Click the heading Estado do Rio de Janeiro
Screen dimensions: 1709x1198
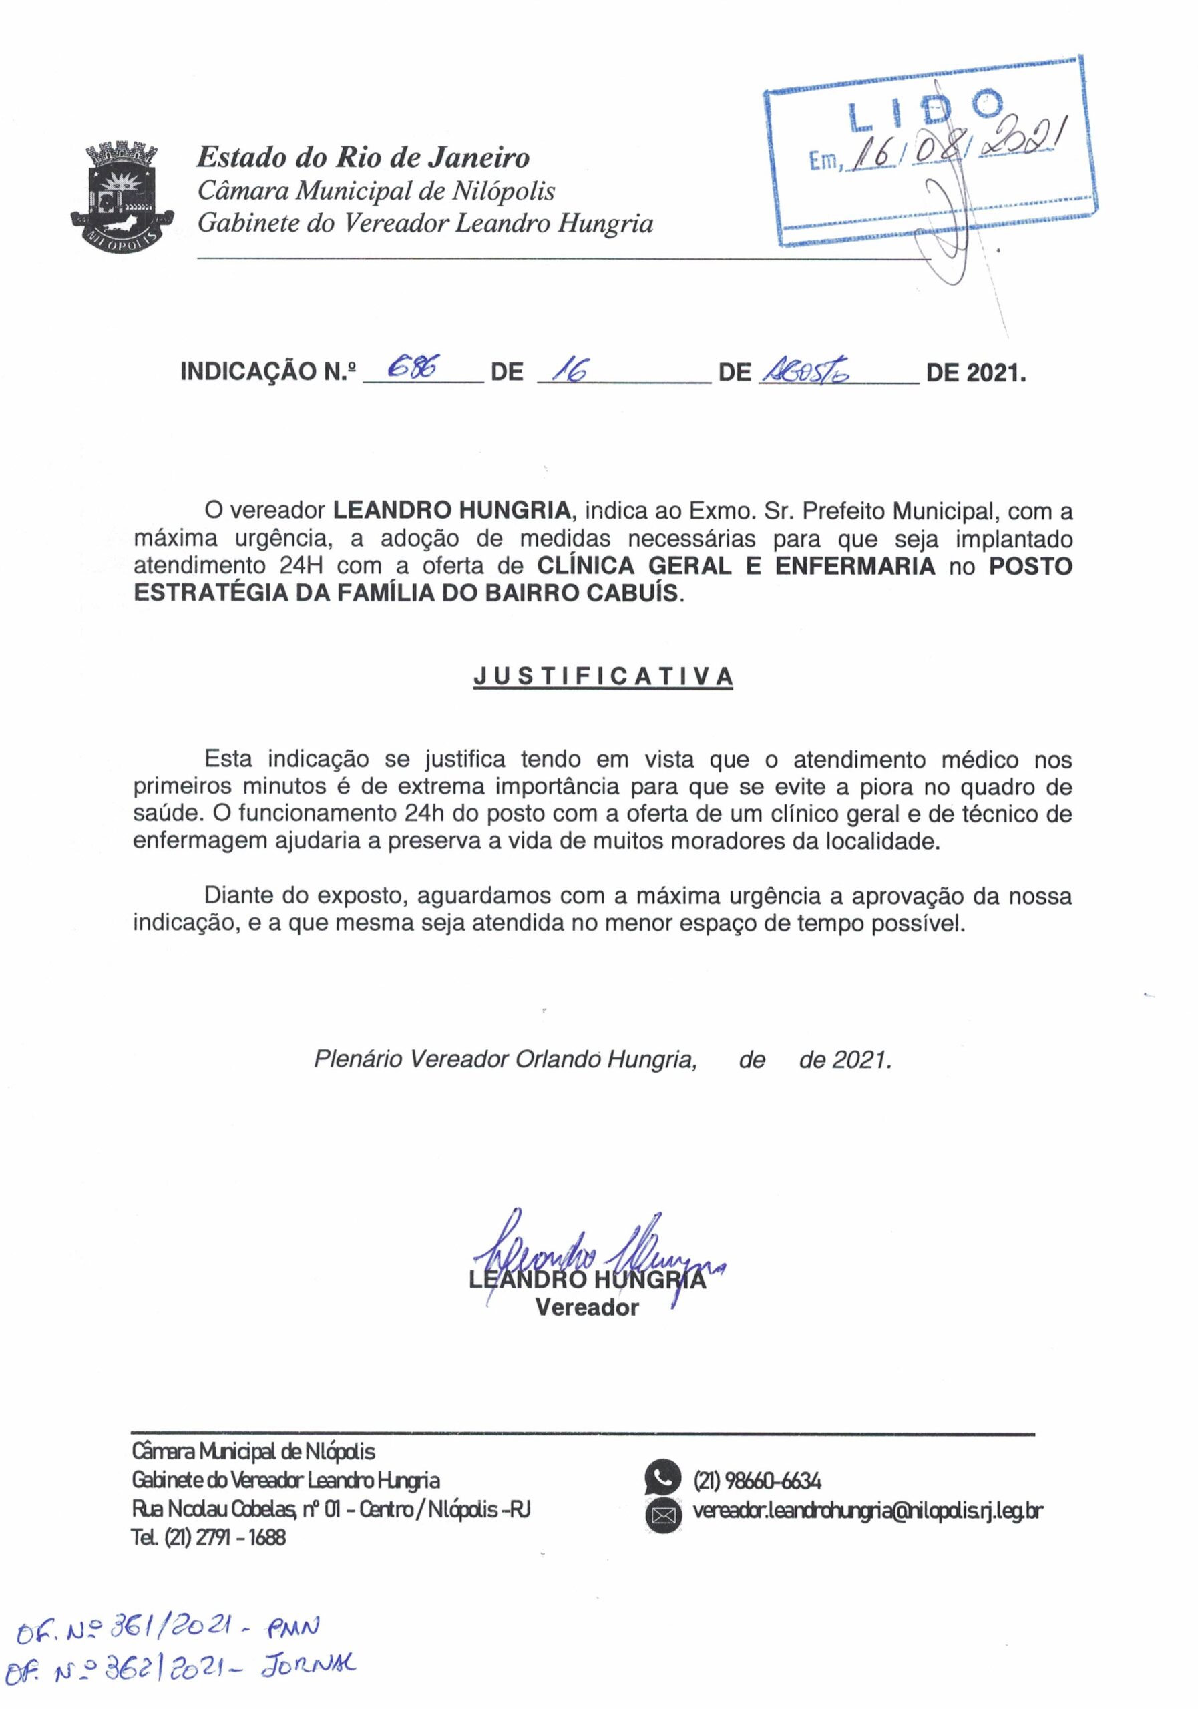(363, 158)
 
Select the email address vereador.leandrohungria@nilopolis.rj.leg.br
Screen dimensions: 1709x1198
(867, 1511)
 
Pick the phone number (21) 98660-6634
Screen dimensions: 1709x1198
(757, 1481)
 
